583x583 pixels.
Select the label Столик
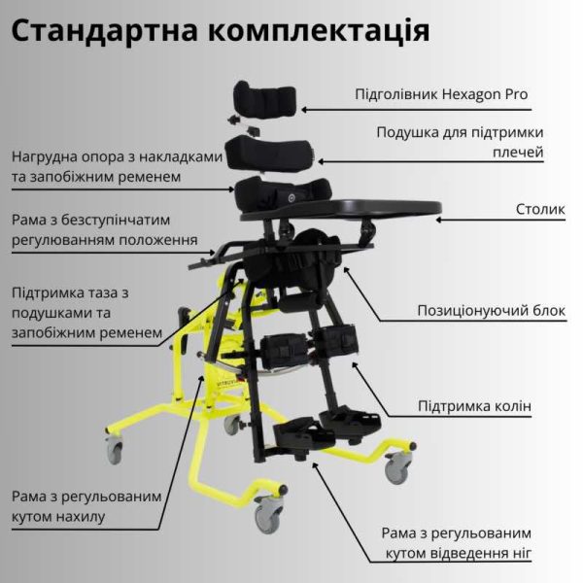point(538,210)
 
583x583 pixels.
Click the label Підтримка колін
point(474,406)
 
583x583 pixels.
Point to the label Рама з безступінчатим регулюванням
point(105,229)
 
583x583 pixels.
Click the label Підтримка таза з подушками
point(83,312)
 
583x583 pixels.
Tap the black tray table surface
point(369,206)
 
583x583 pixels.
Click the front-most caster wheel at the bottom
point(268,515)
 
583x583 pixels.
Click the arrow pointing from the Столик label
point(477,219)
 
